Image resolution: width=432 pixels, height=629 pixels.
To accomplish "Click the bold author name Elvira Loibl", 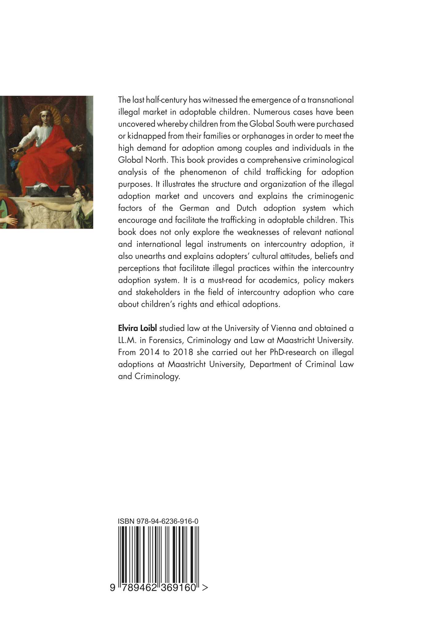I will (x=138, y=328).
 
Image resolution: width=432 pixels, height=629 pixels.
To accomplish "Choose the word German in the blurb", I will (x=194, y=208).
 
